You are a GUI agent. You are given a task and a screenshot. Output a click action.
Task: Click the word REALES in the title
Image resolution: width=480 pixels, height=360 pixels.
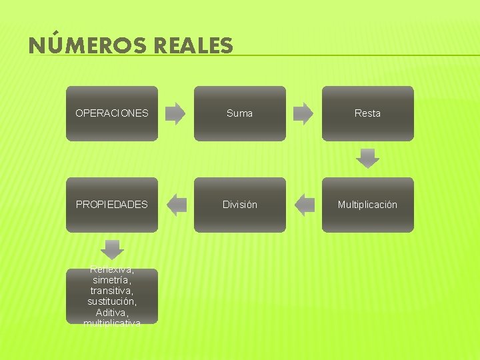coord(193,45)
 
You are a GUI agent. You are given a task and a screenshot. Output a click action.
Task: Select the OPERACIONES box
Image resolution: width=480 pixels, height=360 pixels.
coord(112,113)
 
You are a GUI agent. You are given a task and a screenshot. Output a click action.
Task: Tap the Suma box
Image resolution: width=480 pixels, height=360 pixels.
coord(240,113)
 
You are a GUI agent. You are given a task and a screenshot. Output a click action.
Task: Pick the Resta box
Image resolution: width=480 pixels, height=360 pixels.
coord(367,113)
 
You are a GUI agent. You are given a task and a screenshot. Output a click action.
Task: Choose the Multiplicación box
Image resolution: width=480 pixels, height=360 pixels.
coord(367,205)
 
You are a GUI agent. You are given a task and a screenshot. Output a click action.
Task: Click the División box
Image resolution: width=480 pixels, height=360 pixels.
coord(240,205)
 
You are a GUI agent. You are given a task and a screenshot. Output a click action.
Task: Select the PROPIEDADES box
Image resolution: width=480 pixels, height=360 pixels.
coord(112,205)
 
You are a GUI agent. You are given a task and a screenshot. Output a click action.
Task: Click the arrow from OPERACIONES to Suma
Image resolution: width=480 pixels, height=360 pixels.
coord(175,113)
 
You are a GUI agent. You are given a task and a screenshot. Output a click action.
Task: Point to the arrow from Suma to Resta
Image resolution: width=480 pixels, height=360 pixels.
coord(303,113)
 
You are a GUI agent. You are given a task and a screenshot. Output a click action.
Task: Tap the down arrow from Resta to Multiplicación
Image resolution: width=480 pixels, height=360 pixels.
coord(367,159)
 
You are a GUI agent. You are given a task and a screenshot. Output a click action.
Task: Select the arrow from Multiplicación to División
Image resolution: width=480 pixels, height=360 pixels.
coord(304,205)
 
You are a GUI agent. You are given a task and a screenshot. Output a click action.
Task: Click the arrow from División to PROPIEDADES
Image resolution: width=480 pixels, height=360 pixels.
coord(176,205)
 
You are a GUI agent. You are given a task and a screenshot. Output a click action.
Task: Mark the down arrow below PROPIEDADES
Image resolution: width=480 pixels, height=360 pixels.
coord(112,249)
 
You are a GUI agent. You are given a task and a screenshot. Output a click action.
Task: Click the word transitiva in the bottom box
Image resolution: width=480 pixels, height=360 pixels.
coord(112,291)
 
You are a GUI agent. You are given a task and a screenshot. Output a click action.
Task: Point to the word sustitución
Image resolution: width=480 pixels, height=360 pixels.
coord(112,302)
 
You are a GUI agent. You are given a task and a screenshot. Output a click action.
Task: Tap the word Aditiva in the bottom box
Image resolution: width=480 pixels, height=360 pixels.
coord(112,313)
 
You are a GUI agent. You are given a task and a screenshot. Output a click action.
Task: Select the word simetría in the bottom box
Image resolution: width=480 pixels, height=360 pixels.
coord(112,281)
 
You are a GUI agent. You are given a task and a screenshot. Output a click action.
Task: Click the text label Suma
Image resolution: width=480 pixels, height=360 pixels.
coord(240,113)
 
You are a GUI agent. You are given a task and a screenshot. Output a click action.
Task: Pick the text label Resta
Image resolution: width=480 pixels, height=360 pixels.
coord(367,113)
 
